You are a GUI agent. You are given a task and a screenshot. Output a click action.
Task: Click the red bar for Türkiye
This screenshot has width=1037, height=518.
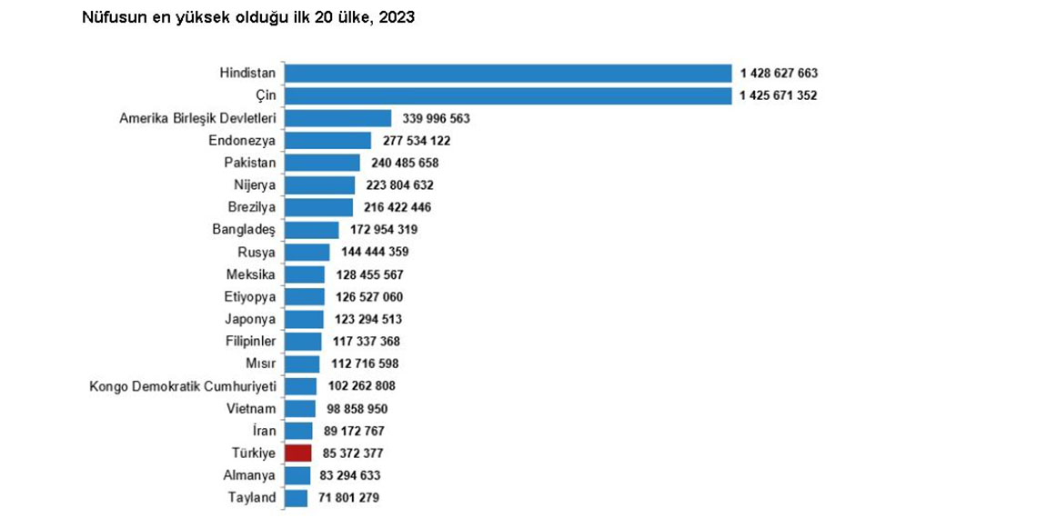(298, 453)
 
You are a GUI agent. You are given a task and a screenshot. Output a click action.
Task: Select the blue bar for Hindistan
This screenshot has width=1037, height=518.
(508, 73)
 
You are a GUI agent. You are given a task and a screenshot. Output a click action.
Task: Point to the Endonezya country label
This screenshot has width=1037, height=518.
(242, 141)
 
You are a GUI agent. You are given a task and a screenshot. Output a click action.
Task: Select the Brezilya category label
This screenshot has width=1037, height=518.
(252, 207)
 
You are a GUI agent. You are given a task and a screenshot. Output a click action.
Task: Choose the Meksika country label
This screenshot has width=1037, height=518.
(251, 274)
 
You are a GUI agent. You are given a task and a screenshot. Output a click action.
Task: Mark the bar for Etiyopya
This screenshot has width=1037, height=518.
(305, 296)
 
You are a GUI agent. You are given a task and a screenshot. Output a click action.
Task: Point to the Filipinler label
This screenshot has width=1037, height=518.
(250, 341)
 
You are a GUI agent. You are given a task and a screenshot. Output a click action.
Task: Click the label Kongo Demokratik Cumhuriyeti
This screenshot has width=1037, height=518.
(183, 385)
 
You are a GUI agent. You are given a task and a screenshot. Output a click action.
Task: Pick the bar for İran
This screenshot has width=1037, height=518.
(299, 430)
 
